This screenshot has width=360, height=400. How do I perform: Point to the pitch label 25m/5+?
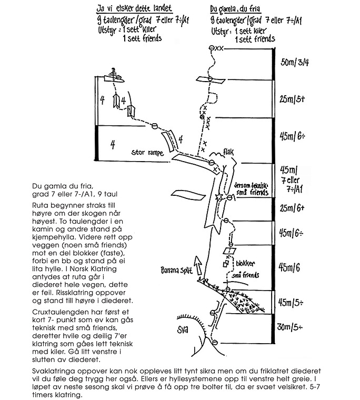click(293, 98)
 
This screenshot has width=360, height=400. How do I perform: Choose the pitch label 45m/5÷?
click(293, 302)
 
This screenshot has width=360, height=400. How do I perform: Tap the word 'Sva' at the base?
click(183, 331)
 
